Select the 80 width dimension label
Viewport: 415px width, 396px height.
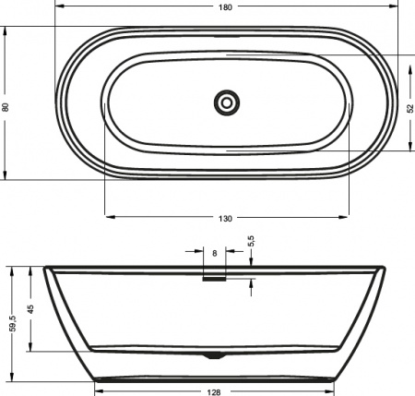click(6, 106)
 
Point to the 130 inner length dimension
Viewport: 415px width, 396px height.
click(226, 218)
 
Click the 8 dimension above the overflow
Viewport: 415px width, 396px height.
click(215, 251)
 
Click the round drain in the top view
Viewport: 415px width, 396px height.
click(226, 102)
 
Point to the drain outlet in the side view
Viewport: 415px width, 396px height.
click(215, 354)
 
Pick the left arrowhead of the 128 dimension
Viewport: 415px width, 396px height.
click(97, 381)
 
